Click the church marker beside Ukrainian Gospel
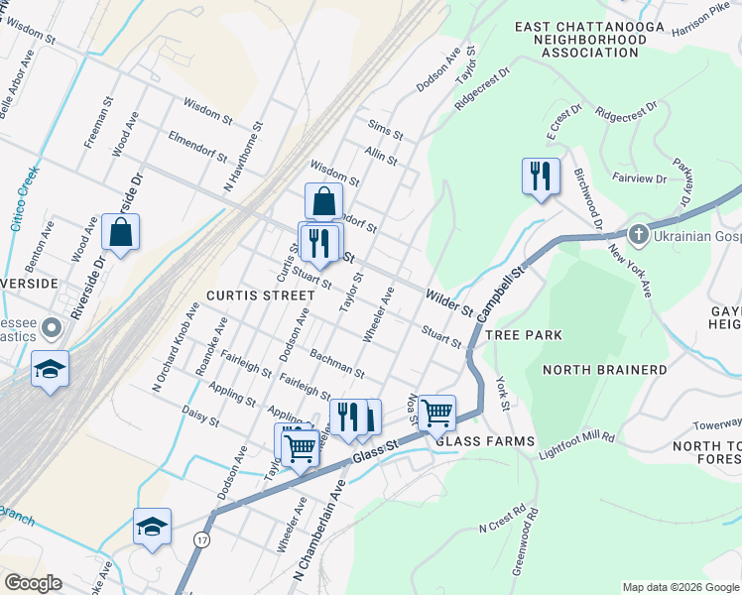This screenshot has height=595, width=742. point(638,235)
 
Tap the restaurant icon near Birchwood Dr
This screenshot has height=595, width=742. point(541,177)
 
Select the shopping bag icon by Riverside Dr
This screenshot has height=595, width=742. point(120,233)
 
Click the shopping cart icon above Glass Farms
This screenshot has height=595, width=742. point(437,412)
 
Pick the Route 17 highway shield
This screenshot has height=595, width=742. point(202,539)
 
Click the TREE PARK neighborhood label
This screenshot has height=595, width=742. point(524,335)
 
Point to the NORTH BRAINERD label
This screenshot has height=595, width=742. point(605,370)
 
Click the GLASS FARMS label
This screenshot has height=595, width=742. point(485,440)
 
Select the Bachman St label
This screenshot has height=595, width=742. point(336,362)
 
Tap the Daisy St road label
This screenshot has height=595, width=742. point(200,415)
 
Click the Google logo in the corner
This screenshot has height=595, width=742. point(33,583)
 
